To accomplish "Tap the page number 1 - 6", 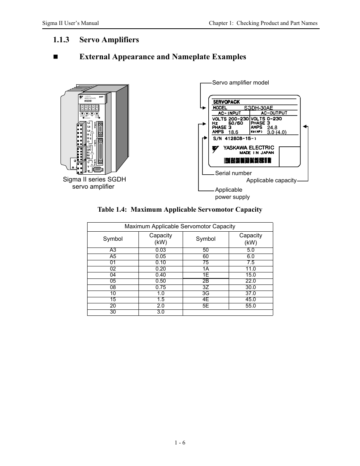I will (180, 443).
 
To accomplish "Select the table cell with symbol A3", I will (113, 250).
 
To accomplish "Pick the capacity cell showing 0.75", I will (161, 287).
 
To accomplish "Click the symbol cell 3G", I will (206, 293).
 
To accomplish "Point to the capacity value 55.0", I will (251, 306).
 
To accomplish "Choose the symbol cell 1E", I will (206, 275).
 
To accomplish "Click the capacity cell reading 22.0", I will (251, 281).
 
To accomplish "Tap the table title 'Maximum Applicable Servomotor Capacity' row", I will (180, 227).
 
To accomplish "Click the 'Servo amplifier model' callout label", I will (240, 83).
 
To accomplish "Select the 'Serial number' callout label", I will (233, 173).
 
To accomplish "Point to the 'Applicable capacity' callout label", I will (271, 180).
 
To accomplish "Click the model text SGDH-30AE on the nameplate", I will (258, 108).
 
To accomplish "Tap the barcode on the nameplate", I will (247, 161).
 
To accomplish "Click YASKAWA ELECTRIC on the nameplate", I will (249, 148).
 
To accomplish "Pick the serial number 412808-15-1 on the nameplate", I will (246, 138).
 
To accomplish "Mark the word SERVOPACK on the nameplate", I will (226, 102).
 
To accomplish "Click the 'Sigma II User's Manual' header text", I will (71, 23).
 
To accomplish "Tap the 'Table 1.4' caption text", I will (180, 210).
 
